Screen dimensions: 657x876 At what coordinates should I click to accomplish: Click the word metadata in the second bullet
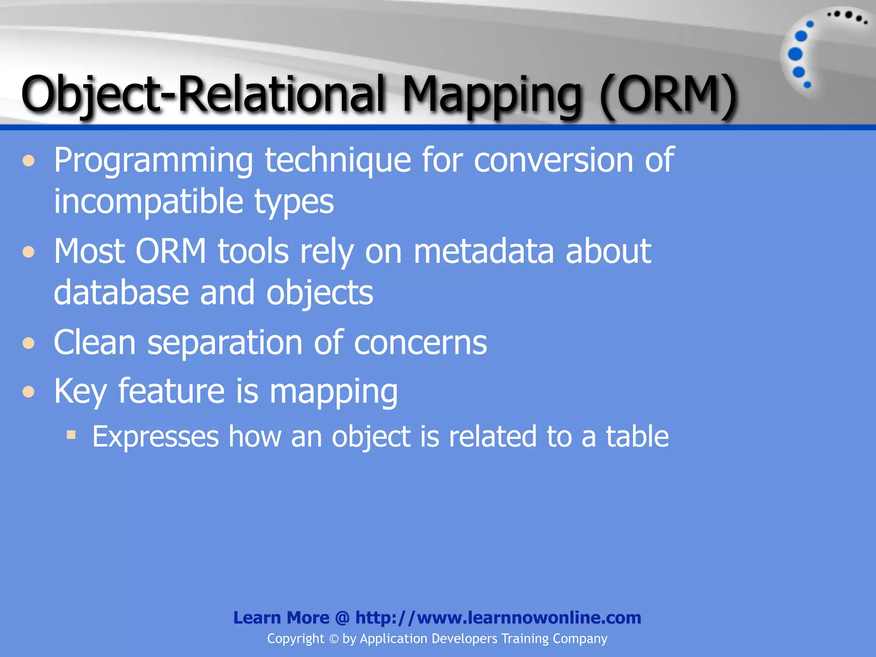coord(483,252)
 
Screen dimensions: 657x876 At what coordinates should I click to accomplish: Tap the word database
coord(121,293)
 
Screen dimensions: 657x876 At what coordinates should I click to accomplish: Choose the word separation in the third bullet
coord(225,343)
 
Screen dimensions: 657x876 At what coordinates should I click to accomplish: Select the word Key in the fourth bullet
coord(80,391)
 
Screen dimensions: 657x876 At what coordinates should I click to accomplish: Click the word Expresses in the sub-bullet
coord(156,437)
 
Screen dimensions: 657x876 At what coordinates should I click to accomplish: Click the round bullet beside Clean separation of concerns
coord(29,343)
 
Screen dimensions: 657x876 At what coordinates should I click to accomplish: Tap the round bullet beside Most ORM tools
coord(29,252)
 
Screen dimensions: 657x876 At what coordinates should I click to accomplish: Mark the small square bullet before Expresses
coord(71,435)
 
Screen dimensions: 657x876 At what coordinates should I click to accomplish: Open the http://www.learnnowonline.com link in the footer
coord(498,618)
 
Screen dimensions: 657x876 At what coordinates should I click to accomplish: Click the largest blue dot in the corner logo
coord(795,54)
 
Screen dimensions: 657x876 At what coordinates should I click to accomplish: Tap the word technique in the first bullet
coord(338,161)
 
